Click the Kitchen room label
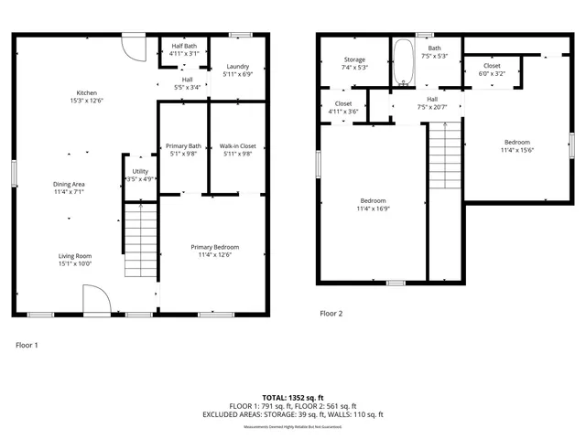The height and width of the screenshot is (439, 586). (87, 97)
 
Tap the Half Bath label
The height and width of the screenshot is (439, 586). (184, 49)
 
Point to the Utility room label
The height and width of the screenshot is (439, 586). (140, 175)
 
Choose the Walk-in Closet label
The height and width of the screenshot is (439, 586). (237, 150)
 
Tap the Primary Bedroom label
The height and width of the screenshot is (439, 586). (215, 252)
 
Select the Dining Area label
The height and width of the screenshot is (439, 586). (69, 188)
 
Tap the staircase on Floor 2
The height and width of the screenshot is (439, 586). (443, 160)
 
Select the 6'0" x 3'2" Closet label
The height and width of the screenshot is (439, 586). (492, 70)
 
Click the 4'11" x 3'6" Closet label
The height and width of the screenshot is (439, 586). (343, 107)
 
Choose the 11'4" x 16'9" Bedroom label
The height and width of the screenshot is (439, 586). (373, 205)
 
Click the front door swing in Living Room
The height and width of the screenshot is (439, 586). (95, 298)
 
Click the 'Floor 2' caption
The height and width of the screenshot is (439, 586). (331, 314)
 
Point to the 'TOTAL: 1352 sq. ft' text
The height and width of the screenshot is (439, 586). (292, 398)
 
